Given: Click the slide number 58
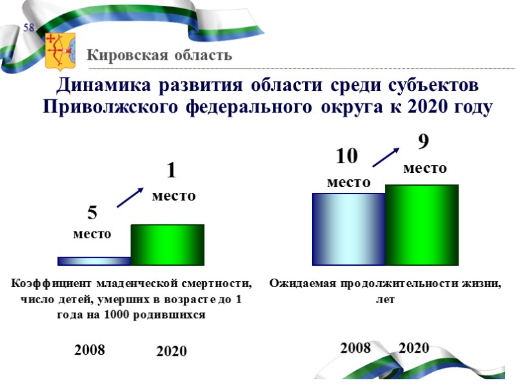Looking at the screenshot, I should pyautogui.click(x=29, y=28).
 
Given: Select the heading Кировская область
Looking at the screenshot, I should pyautogui.click(x=159, y=55).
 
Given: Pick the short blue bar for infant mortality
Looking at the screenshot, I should pyautogui.click(x=94, y=261).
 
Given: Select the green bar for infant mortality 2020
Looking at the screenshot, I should pyautogui.click(x=168, y=244).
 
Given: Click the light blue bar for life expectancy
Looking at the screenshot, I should pyautogui.click(x=348, y=229).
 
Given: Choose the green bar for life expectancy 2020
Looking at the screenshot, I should pyautogui.click(x=422, y=225).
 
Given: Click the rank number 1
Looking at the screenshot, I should pyautogui.click(x=172, y=172).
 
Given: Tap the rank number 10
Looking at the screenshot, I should pyautogui.click(x=346, y=157).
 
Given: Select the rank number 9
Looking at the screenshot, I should pyautogui.click(x=424, y=141).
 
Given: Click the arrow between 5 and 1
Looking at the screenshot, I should pyautogui.click(x=130, y=197).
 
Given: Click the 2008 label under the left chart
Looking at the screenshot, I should pyautogui.click(x=90, y=350).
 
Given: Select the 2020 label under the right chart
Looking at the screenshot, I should pyautogui.click(x=414, y=348).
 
